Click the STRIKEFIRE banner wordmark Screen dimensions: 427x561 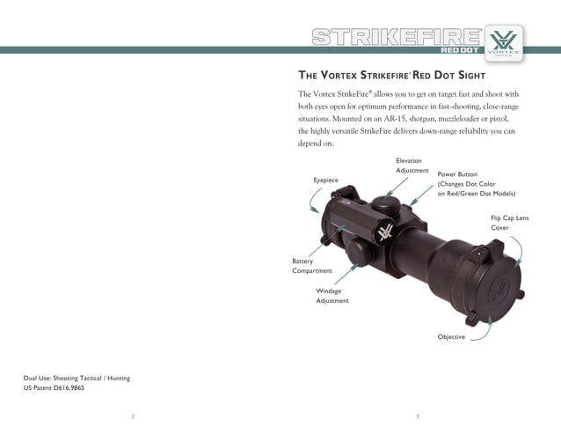397,37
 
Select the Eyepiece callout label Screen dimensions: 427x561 325,180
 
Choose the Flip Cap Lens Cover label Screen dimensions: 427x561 509,222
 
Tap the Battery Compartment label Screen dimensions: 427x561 312,266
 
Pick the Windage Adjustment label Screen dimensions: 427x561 332,296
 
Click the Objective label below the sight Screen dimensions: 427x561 451,337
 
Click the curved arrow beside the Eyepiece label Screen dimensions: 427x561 315,203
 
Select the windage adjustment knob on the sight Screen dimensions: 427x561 358,254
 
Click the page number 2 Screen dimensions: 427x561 133,415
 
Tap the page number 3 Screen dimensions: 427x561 418,415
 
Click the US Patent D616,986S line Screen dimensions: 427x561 54,387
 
